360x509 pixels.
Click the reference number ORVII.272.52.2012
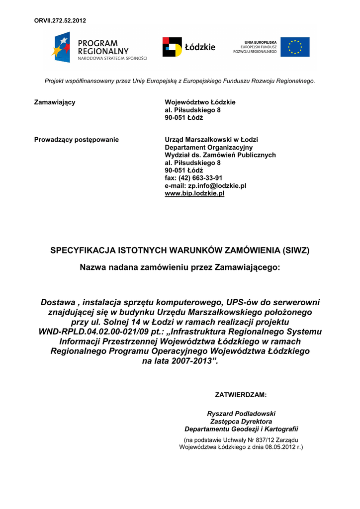coord(60,20)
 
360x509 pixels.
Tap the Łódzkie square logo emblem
coord(172,47)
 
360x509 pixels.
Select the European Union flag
coord(295,47)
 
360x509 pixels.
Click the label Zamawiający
coord(55,102)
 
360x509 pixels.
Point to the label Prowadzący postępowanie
coord(76,140)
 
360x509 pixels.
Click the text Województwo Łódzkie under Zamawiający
coord(193,102)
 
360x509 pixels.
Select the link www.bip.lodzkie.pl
coord(194,193)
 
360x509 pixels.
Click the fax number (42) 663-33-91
coord(201,178)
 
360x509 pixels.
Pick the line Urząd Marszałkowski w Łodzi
coord(211,140)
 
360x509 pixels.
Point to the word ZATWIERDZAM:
coord(241,395)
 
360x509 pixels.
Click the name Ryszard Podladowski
coord(241,414)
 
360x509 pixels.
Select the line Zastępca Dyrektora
coord(241,422)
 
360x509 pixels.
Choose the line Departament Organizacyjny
coord(208,147)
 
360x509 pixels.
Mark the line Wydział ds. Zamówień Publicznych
coord(220,155)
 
